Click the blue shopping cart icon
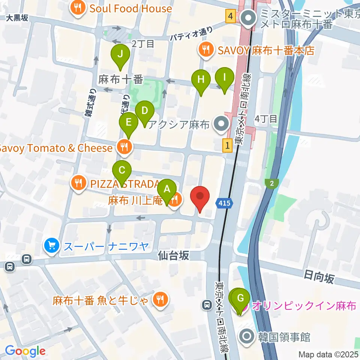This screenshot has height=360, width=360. (52, 246)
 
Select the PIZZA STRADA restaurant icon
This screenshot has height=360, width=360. (78, 183)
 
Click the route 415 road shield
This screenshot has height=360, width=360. (224, 203)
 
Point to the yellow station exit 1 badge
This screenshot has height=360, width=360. (228, 145)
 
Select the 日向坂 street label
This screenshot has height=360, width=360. (319, 278)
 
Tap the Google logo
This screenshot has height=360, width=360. (25, 351)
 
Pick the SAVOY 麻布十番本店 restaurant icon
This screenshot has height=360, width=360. (206, 50)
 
